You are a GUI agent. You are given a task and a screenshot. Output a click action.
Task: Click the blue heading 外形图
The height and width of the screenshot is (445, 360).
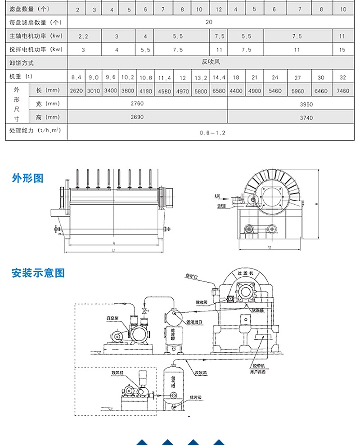pyautogui.click(x=27, y=178)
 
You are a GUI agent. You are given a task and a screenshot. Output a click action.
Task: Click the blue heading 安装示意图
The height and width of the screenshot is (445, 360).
pyautogui.click(x=38, y=273)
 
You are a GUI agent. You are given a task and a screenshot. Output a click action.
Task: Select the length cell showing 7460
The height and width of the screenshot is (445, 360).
pyautogui.click(x=342, y=91)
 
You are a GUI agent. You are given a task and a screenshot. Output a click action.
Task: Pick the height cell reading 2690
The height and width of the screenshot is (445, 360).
pyautogui.click(x=137, y=117)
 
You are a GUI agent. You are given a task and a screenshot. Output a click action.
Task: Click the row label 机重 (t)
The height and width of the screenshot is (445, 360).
pyautogui.click(x=21, y=76)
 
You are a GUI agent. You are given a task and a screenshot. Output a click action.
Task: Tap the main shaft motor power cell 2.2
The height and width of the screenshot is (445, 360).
pyautogui.click(x=83, y=36)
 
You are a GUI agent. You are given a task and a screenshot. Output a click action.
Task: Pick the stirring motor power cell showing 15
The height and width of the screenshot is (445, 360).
pyautogui.click(x=342, y=50)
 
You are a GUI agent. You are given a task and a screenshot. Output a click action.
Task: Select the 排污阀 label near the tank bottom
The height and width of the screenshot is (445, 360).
pyautogui.click(x=196, y=397)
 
